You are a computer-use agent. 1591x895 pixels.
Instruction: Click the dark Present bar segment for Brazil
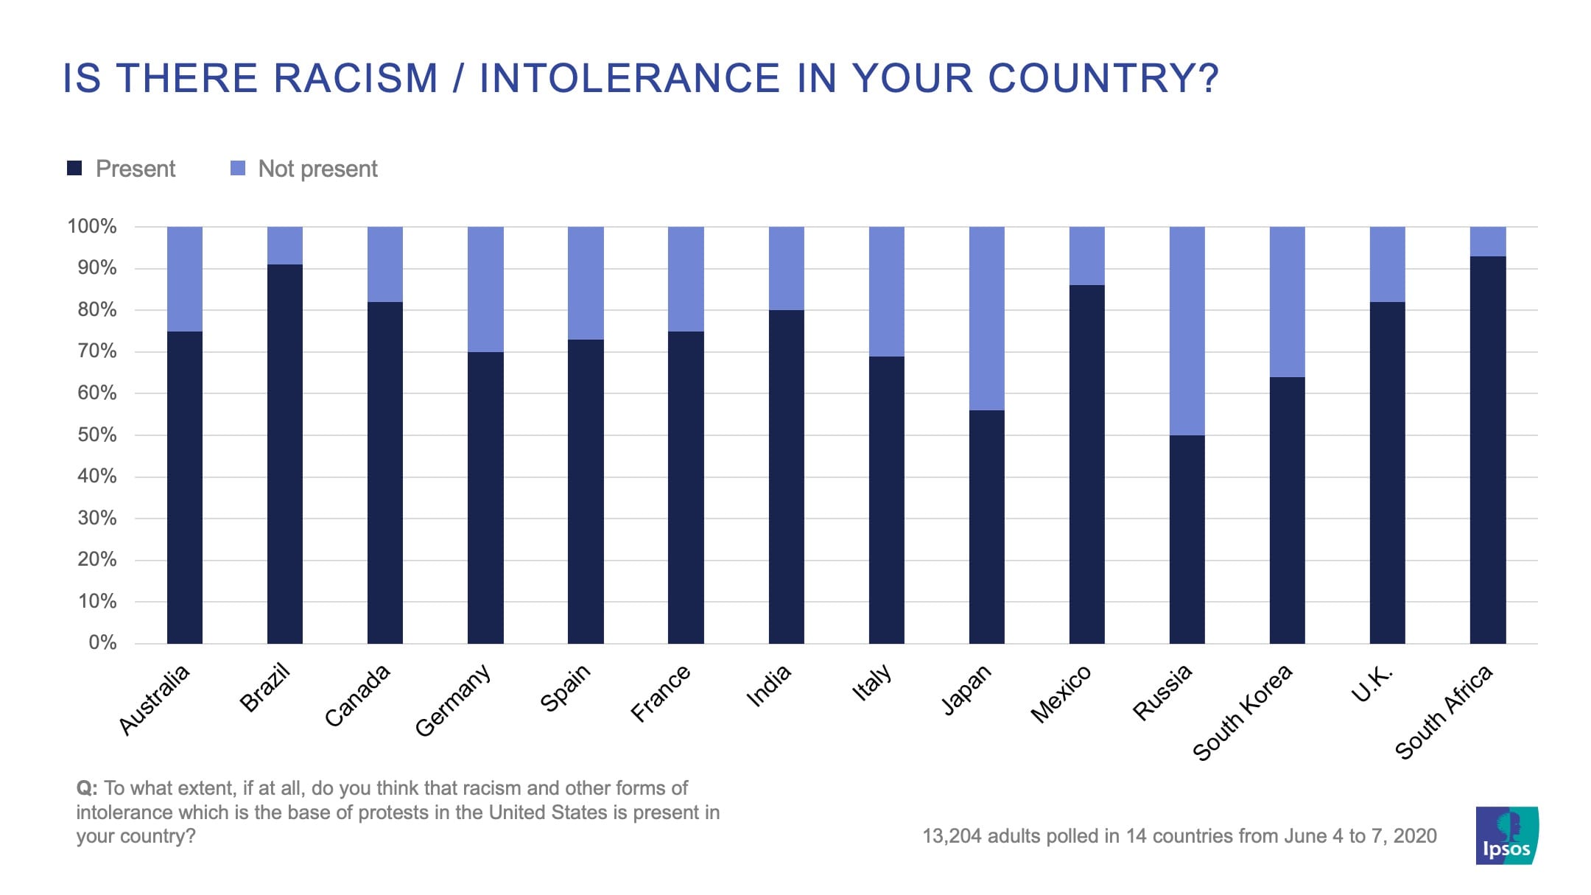point(285,453)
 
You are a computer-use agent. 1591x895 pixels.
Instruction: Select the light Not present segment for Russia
point(1187,331)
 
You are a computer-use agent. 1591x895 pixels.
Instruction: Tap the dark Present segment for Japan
point(986,527)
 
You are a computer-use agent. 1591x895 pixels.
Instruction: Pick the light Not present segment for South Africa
point(1488,242)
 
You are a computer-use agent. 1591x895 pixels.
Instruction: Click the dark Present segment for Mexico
point(1086,464)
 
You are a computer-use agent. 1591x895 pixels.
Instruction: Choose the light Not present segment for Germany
point(485,289)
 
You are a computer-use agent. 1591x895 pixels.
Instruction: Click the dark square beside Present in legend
point(74,168)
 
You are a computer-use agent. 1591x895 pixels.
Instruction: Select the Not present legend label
point(317,169)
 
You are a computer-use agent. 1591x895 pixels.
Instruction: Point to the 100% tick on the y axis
point(92,226)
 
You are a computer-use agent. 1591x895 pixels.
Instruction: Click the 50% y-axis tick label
point(96,435)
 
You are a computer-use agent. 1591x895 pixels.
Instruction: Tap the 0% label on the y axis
point(102,642)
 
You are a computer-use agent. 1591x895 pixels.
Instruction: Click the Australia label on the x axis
point(155,699)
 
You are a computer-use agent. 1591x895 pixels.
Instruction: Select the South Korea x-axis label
point(1242,712)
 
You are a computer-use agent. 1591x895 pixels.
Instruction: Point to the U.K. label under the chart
point(1372,684)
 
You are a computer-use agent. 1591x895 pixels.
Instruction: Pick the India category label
point(768,685)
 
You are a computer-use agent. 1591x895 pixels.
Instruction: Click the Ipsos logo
point(1506,835)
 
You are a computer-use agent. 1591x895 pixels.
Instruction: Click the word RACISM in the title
point(356,78)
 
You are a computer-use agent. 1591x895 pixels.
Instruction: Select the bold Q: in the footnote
point(87,788)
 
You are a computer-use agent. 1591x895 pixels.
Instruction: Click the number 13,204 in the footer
point(952,836)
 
